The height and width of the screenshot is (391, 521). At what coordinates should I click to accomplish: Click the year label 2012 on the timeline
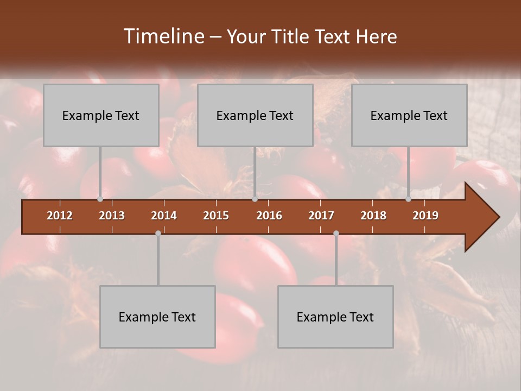[x=60, y=216]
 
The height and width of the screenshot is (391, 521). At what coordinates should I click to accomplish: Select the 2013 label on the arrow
[x=112, y=216]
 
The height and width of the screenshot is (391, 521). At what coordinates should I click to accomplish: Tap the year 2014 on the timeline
[x=164, y=216]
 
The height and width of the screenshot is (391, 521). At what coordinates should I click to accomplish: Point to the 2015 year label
[x=216, y=216]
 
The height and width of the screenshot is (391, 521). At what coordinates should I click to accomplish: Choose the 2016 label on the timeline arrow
[x=269, y=216]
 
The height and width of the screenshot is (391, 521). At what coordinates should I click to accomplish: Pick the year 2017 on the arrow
[x=321, y=216]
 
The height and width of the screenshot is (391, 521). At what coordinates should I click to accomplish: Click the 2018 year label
[x=373, y=216]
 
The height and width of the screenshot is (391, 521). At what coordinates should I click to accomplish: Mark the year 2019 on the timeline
[x=425, y=216]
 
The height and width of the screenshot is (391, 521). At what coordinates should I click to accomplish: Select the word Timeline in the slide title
[x=163, y=36]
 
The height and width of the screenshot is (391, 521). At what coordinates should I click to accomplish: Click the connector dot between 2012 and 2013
[x=100, y=199]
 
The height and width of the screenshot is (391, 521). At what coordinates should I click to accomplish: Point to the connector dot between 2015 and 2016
[x=255, y=199]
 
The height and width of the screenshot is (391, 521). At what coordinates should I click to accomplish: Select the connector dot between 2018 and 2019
[x=408, y=199]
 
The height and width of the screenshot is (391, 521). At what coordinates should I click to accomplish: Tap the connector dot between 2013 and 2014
[x=158, y=234]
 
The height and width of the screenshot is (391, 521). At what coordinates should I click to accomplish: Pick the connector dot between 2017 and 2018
[x=336, y=234]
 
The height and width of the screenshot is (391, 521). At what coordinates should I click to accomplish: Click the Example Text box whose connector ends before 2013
[x=101, y=115]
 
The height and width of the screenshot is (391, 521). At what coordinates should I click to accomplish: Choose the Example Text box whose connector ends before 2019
[x=409, y=115]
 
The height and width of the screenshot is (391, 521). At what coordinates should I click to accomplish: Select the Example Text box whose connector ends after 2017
[x=335, y=317]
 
